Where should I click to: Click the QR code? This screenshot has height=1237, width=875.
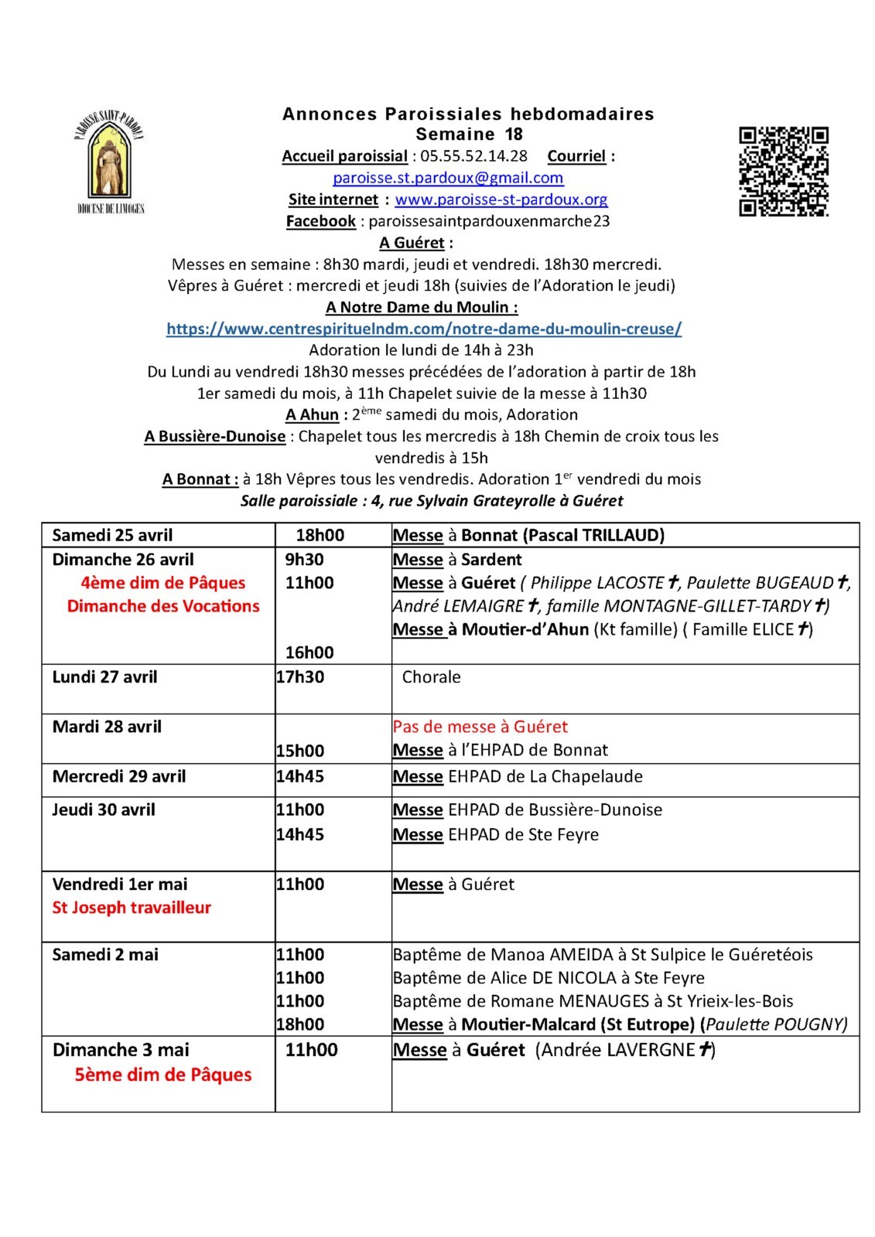click(x=784, y=171)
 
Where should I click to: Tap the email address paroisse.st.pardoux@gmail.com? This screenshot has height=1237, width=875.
click(x=448, y=178)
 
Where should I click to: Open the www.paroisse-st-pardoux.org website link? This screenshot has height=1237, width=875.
click(x=501, y=199)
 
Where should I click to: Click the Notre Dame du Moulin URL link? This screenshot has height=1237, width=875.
click(x=424, y=329)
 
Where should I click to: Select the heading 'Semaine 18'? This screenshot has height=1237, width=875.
click(x=469, y=135)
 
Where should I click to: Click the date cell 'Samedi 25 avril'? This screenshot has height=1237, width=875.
click(x=112, y=535)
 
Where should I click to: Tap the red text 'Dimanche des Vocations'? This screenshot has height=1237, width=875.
click(x=163, y=606)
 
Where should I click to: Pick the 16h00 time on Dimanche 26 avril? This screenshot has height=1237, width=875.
click(x=309, y=653)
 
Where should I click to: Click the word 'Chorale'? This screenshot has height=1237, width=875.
click(x=431, y=677)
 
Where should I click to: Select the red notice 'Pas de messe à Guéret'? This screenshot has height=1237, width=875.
click(x=480, y=727)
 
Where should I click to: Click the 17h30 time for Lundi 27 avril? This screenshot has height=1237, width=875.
click(x=300, y=677)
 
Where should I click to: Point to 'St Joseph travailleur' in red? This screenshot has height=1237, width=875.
click(x=132, y=908)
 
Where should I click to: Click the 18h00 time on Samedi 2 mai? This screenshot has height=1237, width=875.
click(x=300, y=1024)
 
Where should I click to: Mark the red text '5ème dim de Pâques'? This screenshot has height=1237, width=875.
click(x=163, y=1075)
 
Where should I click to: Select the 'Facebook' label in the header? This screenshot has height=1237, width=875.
click(x=320, y=221)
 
